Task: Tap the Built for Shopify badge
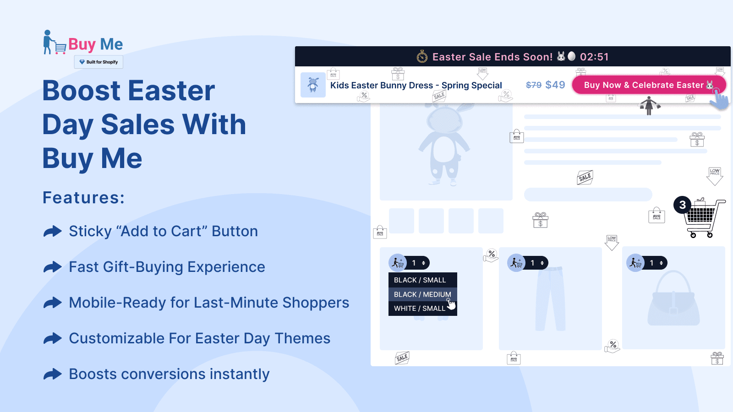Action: (98, 62)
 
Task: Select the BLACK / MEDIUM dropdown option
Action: (422, 294)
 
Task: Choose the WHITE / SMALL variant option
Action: (419, 309)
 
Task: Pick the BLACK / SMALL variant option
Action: (420, 280)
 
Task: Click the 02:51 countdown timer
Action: (594, 57)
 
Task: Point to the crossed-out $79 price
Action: (534, 85)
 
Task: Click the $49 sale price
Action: (555, 85)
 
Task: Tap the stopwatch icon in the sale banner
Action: (422, 57)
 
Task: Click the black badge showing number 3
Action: (682, 205)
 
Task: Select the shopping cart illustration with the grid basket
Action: (703, 218)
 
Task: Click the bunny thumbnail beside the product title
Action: (313, 85)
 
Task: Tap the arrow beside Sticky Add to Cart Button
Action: (53, 231)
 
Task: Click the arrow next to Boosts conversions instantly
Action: (53, 374)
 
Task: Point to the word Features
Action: (83, 198)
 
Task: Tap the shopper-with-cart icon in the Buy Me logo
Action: (54, 43)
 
